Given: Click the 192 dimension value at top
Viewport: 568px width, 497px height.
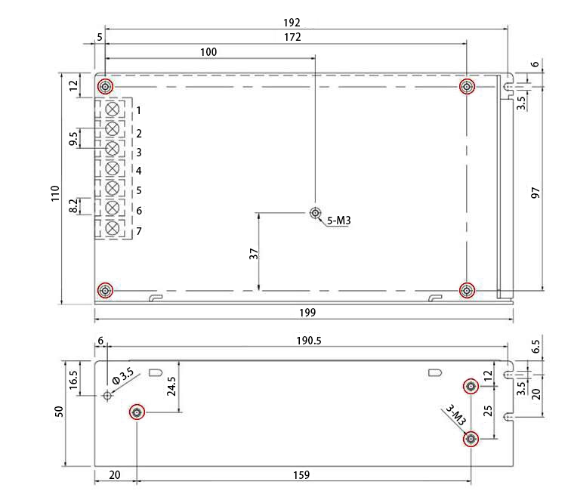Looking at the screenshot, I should [292, 23].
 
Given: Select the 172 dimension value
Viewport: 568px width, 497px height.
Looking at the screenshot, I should [292, 36].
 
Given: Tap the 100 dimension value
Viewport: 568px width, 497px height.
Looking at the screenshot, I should [208, 51].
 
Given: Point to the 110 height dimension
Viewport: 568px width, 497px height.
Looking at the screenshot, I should [54, 193].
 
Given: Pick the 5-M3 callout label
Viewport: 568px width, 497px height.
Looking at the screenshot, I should [341, 221].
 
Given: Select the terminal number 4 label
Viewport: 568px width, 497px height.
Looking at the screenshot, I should [139, 171].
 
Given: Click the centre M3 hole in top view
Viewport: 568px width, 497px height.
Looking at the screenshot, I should [316, 214].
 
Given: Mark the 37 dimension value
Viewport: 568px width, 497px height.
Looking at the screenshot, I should [254, 254].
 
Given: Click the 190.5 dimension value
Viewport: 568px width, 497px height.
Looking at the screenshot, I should [308, 341].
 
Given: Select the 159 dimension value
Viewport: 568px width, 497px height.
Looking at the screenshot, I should [301, 475].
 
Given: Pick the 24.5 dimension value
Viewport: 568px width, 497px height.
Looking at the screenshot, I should [171, 387].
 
